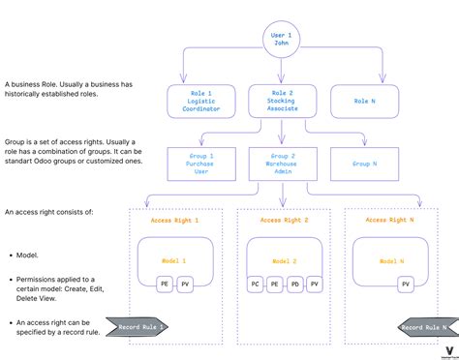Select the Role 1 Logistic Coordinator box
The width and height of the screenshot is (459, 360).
coord(199,101)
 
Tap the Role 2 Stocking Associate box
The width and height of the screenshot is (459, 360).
coord(281,101)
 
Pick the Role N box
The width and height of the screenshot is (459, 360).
coord(365,101)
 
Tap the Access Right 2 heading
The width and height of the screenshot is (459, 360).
coord(284,221)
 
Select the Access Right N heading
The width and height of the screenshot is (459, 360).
coord(392,221)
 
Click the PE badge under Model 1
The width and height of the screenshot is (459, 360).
coord(166,285)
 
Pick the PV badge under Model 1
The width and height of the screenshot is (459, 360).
coord(184,285)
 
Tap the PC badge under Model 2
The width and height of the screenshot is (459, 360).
coord(255,285)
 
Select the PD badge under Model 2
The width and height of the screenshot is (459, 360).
coord(293,285)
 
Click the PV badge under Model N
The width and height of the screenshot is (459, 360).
coord(405,285)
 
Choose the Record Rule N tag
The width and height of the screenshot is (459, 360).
coord(425,327)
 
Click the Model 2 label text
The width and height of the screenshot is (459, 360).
coord(284,261)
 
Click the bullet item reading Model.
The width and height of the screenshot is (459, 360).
coord(27,255)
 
